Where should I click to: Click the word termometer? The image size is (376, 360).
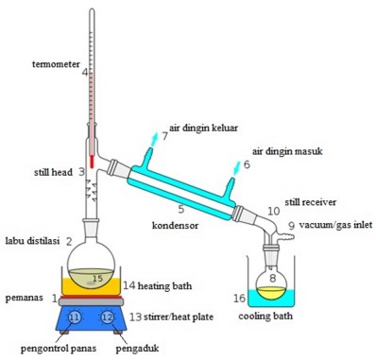point(56,64)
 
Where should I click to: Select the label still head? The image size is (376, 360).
point(53,172)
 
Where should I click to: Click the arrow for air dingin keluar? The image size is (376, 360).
point(154,140)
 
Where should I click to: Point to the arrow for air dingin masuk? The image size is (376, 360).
point(237,168)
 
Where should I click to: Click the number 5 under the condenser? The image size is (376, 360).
point(180,209)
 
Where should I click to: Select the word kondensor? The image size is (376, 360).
point(175,225)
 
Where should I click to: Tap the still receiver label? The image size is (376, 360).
point(310,202)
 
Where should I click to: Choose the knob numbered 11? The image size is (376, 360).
point(75,317)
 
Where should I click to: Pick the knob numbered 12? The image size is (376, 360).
point(107,317)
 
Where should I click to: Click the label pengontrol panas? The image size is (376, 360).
point(59,349)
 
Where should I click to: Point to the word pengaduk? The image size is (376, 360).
point(137,349)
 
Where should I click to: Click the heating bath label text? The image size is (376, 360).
point(164,286)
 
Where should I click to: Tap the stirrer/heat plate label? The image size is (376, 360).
point(179,317)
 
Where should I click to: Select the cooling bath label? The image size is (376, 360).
point(265,316)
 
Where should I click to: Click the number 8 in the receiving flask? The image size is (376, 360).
point(273,278)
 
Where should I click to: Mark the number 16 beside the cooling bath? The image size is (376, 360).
point(239,298)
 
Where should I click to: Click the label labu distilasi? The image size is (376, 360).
point(33,241)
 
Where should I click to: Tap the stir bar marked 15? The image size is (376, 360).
point(92,283)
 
